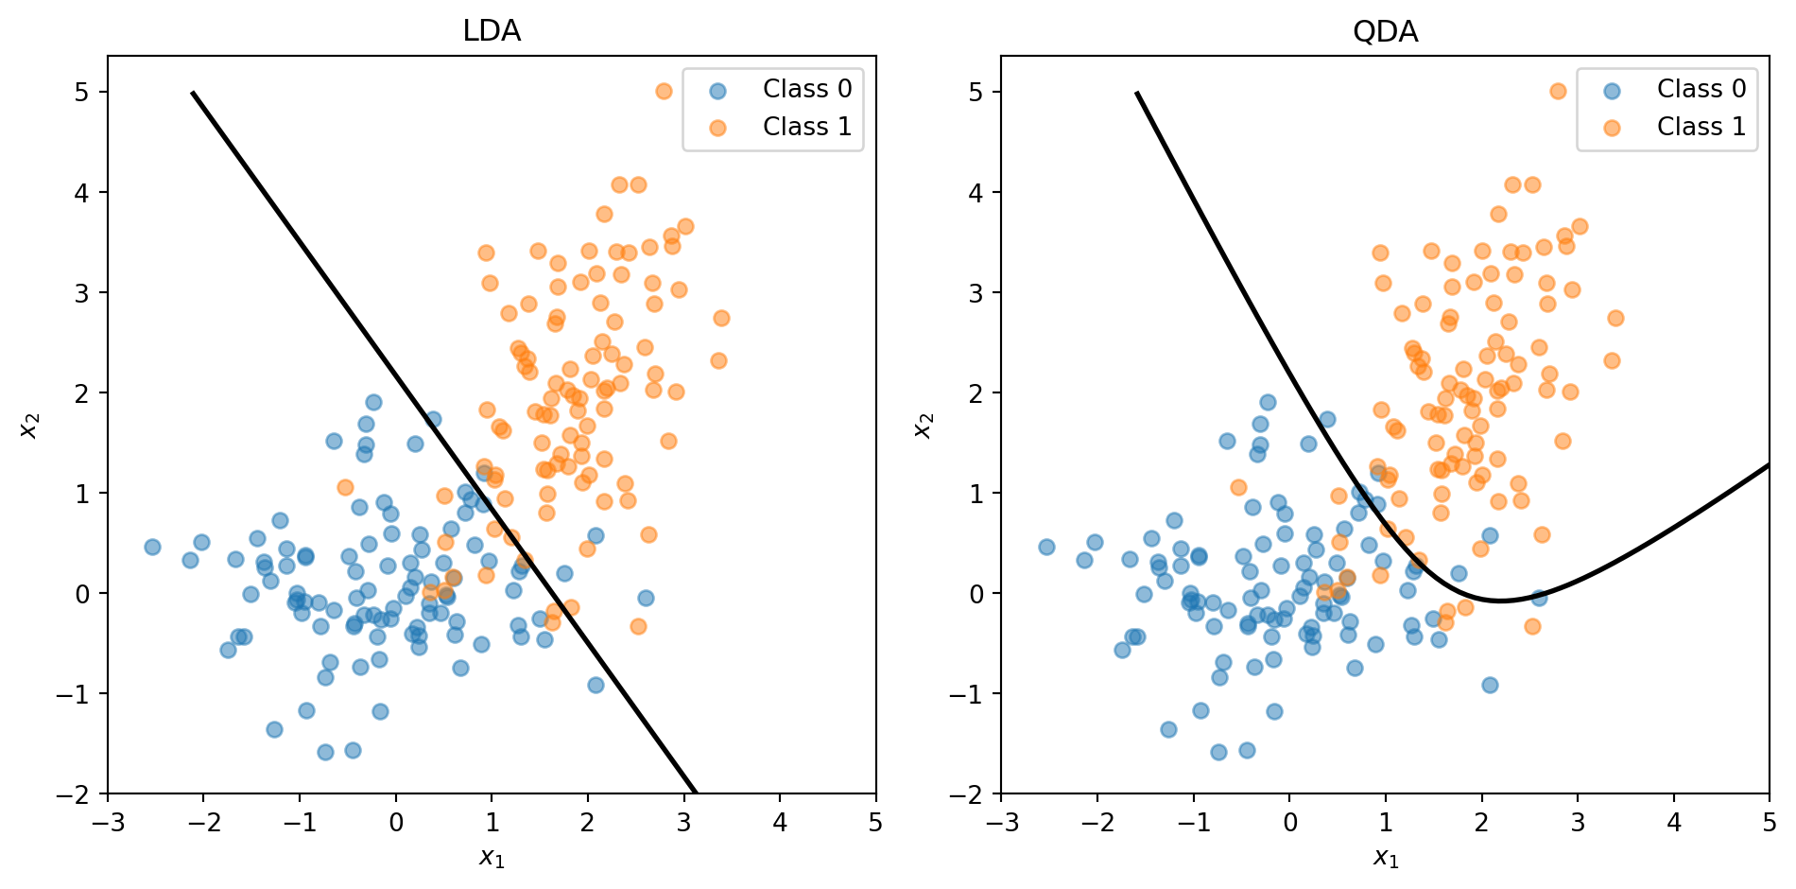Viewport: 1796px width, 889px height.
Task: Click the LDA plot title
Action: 492,31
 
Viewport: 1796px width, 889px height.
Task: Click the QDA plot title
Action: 1385,31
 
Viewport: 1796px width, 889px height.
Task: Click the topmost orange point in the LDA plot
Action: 664,92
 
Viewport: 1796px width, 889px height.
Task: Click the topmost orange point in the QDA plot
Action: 1558,92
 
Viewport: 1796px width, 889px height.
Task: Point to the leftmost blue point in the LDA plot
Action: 152,548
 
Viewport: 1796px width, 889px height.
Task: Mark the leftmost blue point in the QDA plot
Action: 1046,548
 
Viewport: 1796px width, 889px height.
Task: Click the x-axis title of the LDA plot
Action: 492,858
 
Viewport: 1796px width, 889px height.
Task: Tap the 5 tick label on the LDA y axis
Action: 82,93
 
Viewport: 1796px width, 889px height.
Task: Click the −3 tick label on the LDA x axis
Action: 108,823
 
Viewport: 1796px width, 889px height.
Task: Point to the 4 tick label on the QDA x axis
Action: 1673,823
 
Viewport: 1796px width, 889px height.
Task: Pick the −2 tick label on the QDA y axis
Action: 970,794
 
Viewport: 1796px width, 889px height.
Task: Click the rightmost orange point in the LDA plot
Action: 721,318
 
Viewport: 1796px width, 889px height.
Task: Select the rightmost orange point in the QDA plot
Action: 1615,318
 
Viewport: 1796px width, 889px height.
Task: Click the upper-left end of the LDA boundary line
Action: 193,93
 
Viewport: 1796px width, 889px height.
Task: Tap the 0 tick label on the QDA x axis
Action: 1289,823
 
